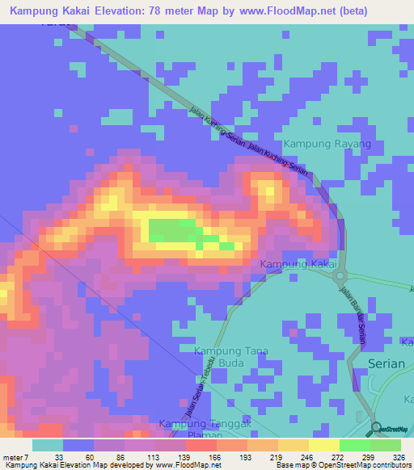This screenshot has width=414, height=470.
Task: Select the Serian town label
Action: point(386,363)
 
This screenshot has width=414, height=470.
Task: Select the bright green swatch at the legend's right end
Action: point(386,445)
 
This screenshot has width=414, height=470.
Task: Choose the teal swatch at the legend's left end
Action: point(48,445)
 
